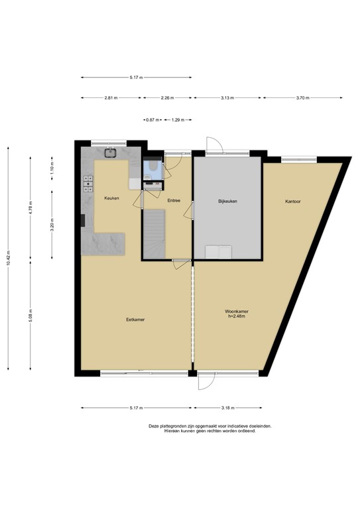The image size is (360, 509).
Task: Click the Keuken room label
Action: (x=111, y=198)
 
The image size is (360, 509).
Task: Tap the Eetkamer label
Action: (x=135, y=319)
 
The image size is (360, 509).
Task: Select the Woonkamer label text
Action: (x=237, y=311)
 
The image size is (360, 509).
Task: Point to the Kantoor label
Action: (x=293, y=201)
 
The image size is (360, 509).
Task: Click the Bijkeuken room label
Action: (x=227, y=201)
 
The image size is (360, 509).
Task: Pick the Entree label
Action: (x=174, y=201)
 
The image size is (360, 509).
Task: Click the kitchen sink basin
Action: (x=111, y=152)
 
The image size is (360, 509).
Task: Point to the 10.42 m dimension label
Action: (x=8, y=258)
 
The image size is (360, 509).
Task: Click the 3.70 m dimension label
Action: (x=302, y=98)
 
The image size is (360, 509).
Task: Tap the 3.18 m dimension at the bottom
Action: (x=228, y=408)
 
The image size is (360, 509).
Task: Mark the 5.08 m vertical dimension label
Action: (x=30, y=315)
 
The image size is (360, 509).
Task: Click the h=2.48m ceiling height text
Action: (x=237, y=316)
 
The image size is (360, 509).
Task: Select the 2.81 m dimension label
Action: (x=111, y=98)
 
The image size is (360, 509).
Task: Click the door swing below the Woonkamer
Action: (x=207, y=382)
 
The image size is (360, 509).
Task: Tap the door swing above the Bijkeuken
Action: (x=214, y=144)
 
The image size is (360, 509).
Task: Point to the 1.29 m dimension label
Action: (x=178, y=120)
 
